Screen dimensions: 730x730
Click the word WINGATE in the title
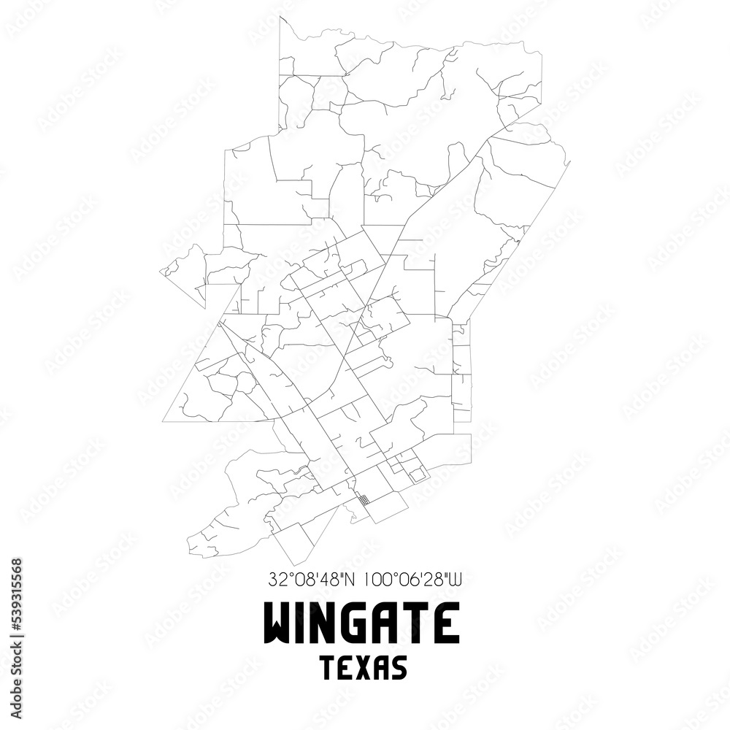click(x=361, y=624)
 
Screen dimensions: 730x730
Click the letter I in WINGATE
click(x=302, y=624)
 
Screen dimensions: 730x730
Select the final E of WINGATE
click(x=447, y=624)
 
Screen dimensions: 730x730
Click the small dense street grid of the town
click(x=363, y=501)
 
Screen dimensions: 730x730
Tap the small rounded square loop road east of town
click(x=417, y=474)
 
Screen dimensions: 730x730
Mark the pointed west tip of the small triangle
click(x=161, y=271)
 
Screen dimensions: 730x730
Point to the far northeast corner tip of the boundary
click(x=570, y=161)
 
